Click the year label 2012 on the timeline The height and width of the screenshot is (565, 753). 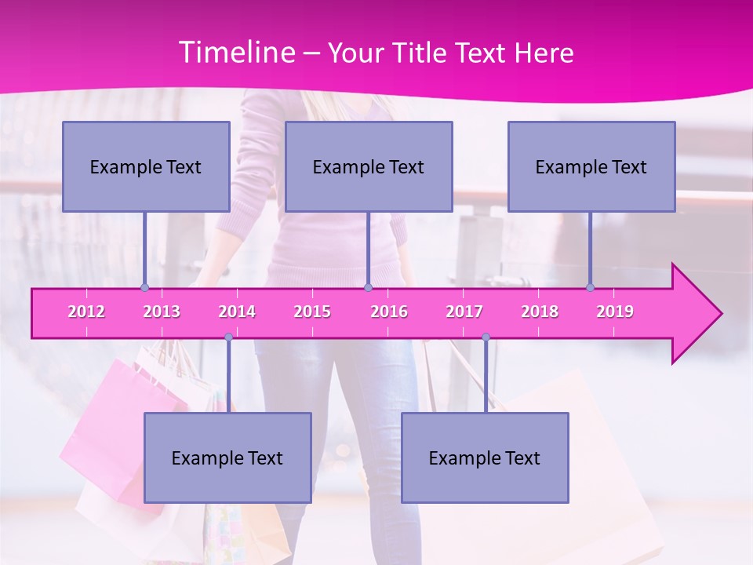click(86, 312)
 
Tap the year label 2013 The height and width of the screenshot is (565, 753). click(162, 312)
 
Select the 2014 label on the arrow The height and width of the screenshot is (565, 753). click(237, 312)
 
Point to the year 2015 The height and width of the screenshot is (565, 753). click(312, 312)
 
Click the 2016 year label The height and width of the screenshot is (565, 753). click(389, 312)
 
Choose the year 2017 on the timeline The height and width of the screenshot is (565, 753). click(464, 312)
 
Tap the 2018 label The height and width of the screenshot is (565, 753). click(540, 312)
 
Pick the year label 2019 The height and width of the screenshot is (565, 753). click(615, 312)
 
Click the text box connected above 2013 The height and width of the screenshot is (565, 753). click(146, 166)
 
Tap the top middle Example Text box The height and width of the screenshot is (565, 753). click(369, 166)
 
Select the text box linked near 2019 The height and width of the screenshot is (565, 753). click(591, 166)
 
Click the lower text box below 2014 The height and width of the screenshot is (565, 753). click(227, 457)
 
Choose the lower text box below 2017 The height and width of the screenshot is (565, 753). click(485, 457)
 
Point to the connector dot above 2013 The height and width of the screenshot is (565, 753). click(144, 287)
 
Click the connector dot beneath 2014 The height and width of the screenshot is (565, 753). click(228, 337)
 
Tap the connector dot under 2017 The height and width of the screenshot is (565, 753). click(486, 337)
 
